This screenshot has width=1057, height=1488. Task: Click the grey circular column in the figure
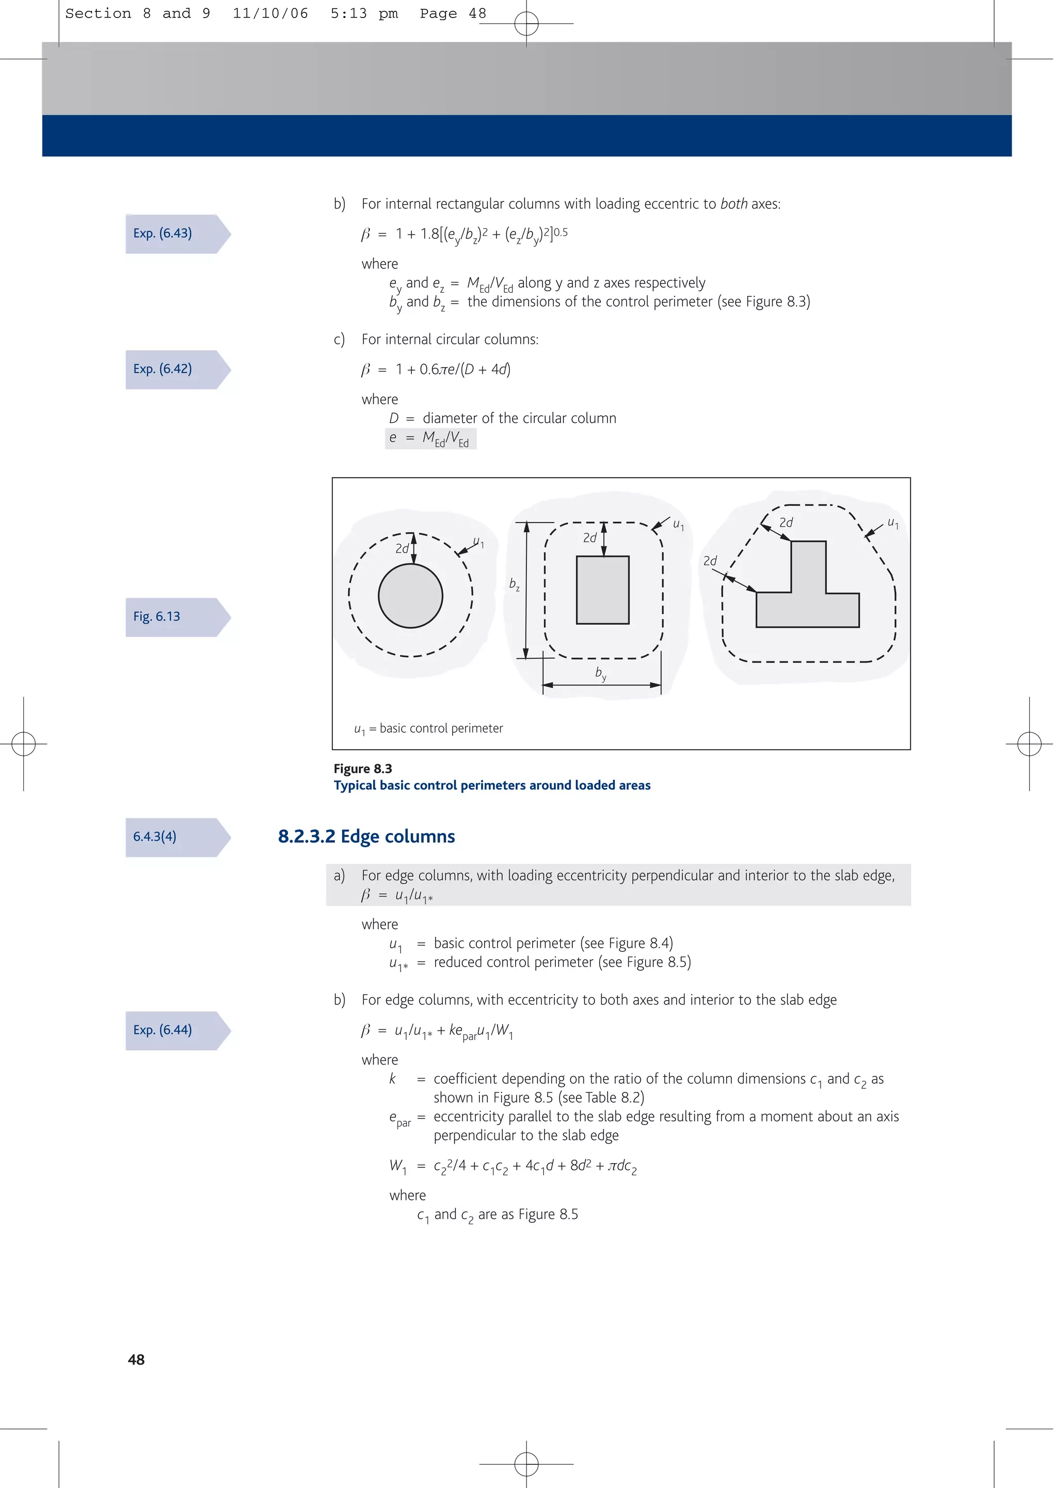(411, 596)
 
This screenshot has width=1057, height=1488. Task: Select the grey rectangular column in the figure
(603, 590)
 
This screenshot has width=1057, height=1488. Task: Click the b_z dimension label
(514, 584)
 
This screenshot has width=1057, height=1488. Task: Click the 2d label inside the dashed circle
(402, 549)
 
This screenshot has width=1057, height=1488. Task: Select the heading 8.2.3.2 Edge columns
(366, 836)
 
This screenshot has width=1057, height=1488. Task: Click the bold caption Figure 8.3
(362, 769)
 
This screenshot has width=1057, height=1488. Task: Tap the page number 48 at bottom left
(136, 1359)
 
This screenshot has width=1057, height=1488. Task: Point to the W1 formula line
(513, 1166)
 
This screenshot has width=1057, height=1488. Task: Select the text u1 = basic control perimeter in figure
(428, 729)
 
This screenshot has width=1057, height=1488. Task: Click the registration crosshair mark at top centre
(526, 24)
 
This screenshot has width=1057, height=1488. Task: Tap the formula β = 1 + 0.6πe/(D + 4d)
(436, 370)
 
